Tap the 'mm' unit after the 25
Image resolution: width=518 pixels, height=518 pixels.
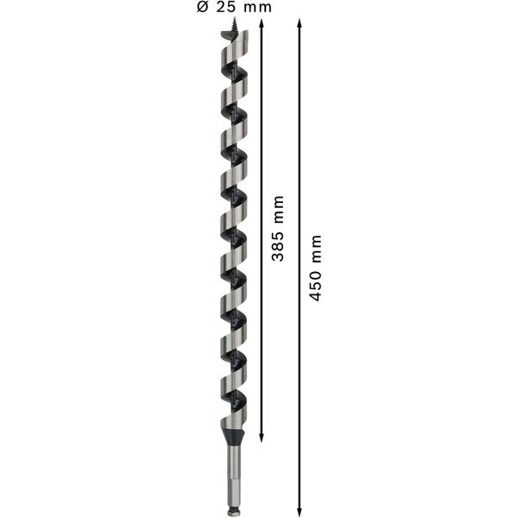[x=256, y=8]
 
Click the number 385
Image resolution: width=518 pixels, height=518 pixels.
[x=278, y=246]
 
